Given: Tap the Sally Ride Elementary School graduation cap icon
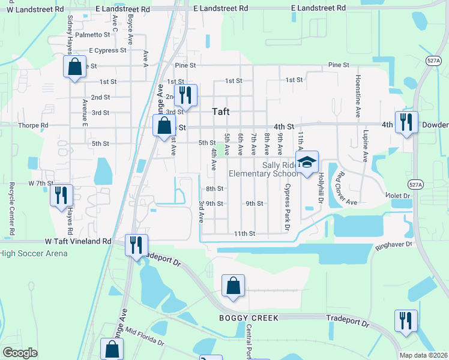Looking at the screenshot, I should point(307,163).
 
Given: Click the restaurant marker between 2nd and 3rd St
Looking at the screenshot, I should point(185,95).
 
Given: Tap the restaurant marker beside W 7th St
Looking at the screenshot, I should point(61,196).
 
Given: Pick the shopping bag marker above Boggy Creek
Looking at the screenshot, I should point(233,287).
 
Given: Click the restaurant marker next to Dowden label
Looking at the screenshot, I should point(406,123).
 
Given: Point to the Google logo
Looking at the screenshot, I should point(20,353).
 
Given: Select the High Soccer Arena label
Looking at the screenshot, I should point(34,253).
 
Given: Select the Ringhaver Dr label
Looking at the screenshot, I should point(394,244).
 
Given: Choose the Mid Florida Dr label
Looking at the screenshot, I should point(143,337).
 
